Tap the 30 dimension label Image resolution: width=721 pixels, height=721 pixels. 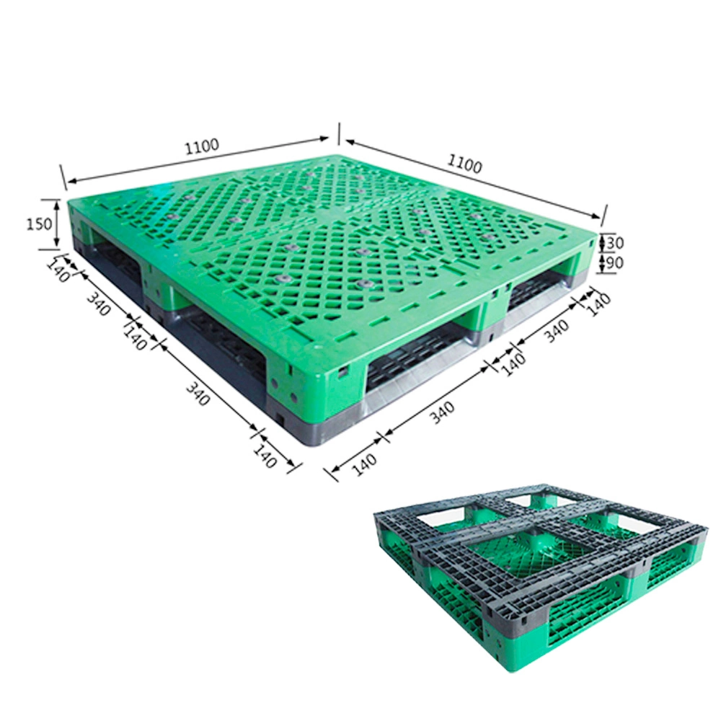615,242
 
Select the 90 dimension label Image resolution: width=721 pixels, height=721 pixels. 615,263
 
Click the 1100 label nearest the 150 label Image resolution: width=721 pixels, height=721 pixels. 202,146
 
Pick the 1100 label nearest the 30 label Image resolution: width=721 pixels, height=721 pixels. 465,164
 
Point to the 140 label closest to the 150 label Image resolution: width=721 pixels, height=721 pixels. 58,271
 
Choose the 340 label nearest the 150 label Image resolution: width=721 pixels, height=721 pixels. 99,304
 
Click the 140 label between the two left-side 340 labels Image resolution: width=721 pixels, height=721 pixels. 135,338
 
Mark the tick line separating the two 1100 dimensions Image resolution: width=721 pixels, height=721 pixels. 339,133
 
